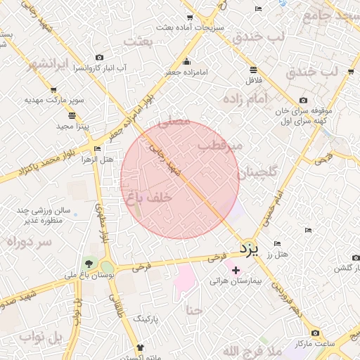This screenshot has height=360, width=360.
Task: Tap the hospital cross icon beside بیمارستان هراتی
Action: tap(235, 270)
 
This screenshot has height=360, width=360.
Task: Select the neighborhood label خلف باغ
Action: tap(148, 198)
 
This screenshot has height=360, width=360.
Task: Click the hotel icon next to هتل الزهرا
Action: tap(96, 148)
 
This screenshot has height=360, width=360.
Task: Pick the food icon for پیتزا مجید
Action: tap(72, 115)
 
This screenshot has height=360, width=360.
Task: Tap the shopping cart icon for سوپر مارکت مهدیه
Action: tap(53, 90)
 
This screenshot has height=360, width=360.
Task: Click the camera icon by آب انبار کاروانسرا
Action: tap(99, 57)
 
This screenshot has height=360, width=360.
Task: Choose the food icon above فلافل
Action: tap(253, 69)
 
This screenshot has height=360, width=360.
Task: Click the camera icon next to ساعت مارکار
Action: tap(315, 332)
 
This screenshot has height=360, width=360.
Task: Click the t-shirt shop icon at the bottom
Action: tap(139, 347)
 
